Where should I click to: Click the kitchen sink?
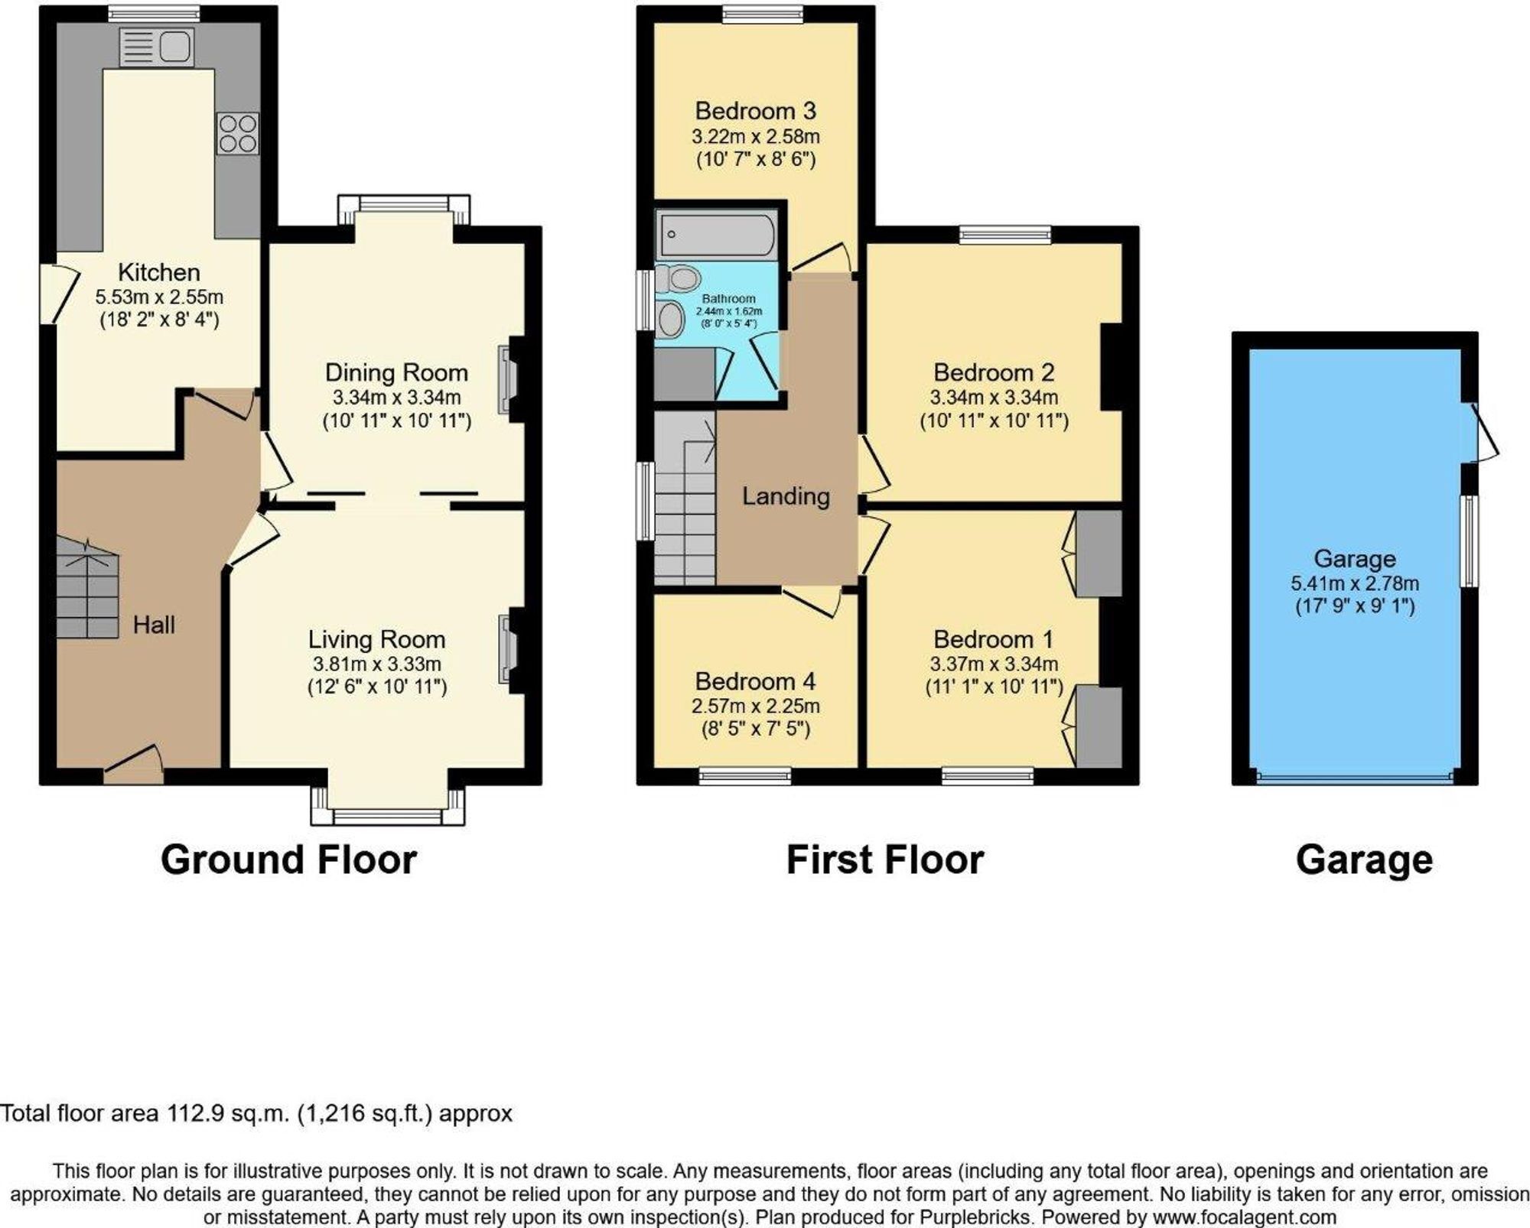tap(155, 47)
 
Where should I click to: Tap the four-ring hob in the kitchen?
tap(237, 134)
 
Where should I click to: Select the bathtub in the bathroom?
tap(716, 234)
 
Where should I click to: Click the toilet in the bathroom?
tap(677, 278)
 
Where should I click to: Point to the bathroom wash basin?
tap(671, 318)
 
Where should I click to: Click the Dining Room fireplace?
tap(508, 380)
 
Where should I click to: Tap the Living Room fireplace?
tap(508, 649)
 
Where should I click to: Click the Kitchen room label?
tap(159, 272)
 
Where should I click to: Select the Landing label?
tap(786, 497)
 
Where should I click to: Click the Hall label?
tap(154, 625)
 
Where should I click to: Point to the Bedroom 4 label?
tap(755, 681)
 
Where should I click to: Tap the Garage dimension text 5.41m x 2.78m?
tap(1355, 583)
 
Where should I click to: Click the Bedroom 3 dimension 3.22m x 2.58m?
tap(756, 137)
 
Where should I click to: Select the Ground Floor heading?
tap(288, 859)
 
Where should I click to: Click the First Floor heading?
tap(885, 859)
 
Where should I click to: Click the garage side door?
tap(1480, 433)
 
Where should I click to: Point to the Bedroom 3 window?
tap(762, 13)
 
